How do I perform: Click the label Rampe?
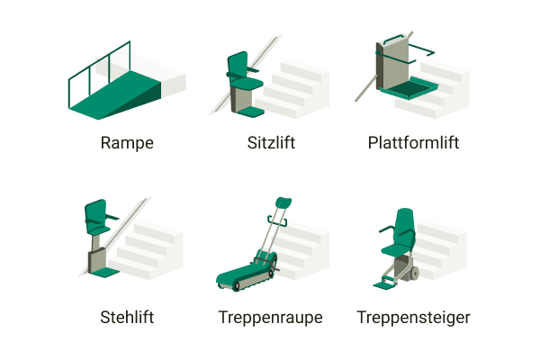pyautogui.click(x=127, y=143)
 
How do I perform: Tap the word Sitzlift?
pyautogui.click(x=271, y=143)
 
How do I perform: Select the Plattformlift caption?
pyautogui.click(x=413, y=143)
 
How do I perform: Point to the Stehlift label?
pyautogui.click(x=127, y=317)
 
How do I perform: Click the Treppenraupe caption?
pyautogui.click(x=270, y=317)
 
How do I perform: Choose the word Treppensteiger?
pyautogui.click(x=413, y=317)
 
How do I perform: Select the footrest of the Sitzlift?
pyautogui.click(x=251, y=113)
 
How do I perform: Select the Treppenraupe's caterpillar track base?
pyautogui.click(x=244, y=278)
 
